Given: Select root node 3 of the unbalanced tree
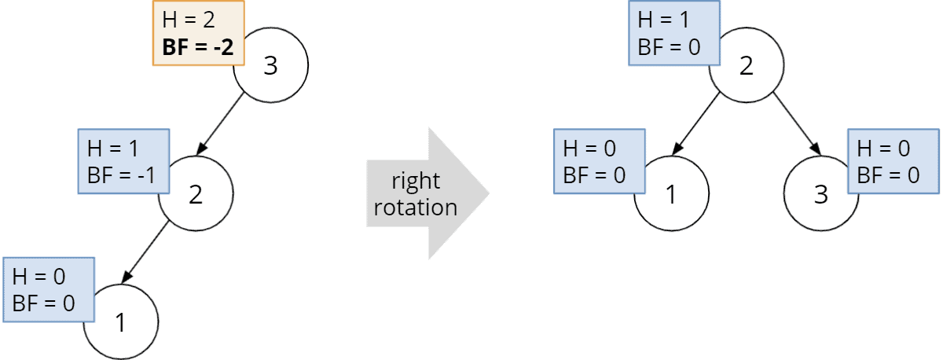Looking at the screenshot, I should point(271,67).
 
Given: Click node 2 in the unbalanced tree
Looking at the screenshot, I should point(196,194).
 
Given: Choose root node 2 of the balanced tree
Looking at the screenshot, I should point(747,67).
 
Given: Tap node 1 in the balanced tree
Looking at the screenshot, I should point(671,194).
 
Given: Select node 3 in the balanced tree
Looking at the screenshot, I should point(821,194).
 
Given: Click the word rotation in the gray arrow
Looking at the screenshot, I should point(416,208).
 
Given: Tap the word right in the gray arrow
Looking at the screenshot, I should point(416,182).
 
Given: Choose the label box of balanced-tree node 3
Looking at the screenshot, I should point(893,162).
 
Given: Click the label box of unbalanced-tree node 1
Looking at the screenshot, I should point(49,289).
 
